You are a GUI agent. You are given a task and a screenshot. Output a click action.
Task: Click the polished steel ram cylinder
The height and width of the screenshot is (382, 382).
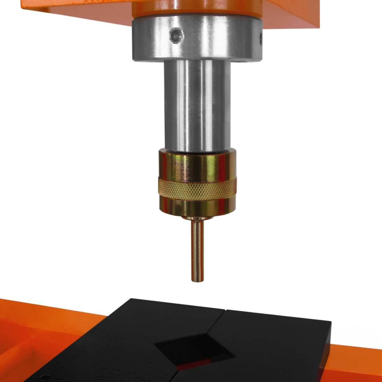(x=197, y=105)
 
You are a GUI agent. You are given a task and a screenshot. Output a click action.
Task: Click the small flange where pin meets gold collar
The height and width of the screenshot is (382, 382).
(x=197, y=218)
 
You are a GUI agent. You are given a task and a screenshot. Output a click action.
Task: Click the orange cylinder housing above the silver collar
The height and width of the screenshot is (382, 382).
(x=197, y=8)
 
